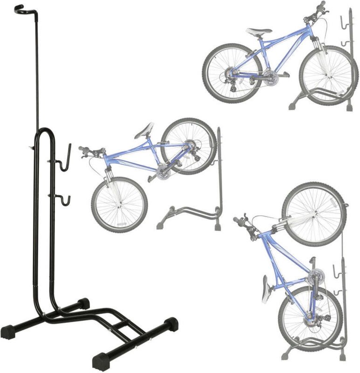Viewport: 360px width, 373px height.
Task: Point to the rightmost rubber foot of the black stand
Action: pyautogui.click(x=170, y=323)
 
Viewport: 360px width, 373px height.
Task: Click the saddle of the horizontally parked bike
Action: pyautogui.click(x=259, y=32)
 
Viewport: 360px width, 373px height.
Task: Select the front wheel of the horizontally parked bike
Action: pyautogui.click(x=328, y=75)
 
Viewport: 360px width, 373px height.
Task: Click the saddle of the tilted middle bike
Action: pyautogui.click(x=144, y=130)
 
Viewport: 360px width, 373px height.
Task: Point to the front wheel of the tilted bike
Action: pyautogui.click(x=119, y=205)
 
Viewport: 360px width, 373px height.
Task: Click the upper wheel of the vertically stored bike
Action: pyautogui.click(x=313, y=214)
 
